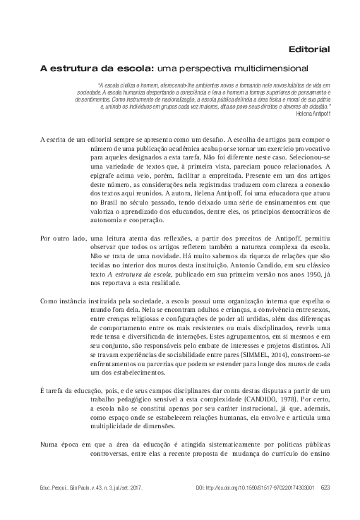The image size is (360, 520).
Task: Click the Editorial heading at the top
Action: tap(309, 49)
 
